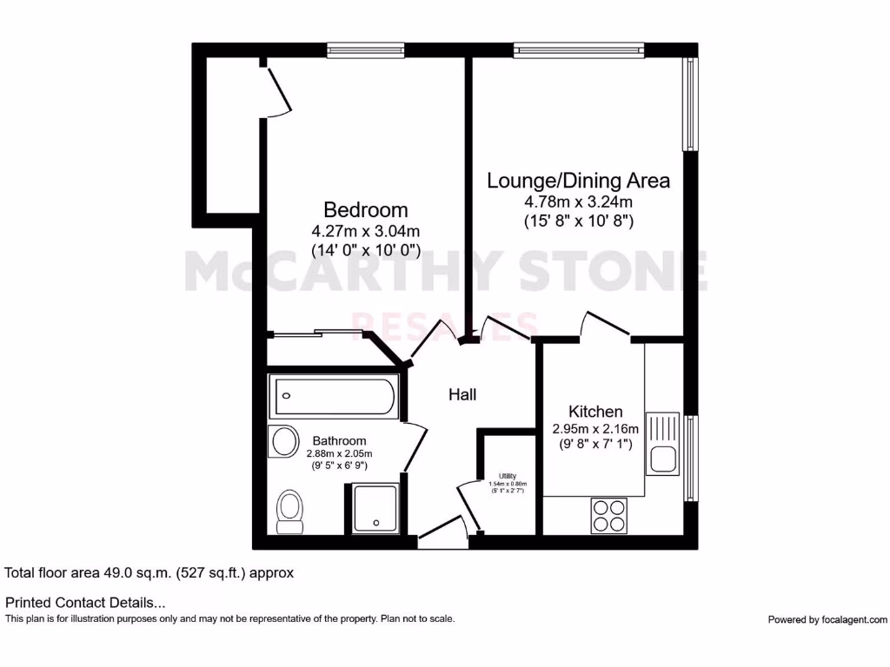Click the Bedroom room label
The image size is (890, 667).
click(365, 209)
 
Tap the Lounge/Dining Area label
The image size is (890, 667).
click(578, 181)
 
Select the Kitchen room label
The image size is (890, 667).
click(595, 412)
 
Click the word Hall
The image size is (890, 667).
click(462, 394)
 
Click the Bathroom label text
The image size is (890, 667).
click(339, 441)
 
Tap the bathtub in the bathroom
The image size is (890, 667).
click(333, 397)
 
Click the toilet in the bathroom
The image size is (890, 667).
click(289, 510)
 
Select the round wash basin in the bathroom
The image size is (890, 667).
click(285, 442)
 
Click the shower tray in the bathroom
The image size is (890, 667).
click(375, 508)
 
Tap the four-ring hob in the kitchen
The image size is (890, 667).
click(609, 515)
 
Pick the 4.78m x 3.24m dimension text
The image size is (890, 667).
click(578, 202)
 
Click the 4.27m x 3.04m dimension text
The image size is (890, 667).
click(365, 231)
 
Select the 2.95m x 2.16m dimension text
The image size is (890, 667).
click(595, 429)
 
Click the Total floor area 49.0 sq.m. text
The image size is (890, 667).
click(149, 573)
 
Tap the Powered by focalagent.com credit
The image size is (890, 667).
click(827, 619)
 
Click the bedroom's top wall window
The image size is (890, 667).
click(365, 50)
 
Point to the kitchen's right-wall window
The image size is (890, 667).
click(692, 459)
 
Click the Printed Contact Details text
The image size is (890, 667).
click(85, 602)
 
